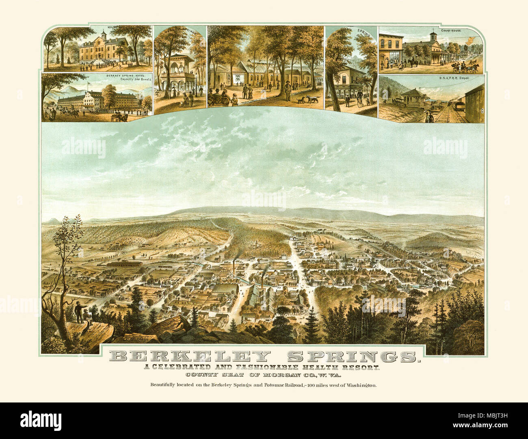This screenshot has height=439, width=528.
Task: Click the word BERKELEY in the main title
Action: pyautogui.click(x=189, y=356)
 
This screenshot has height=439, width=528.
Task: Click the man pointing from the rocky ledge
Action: pyautogui.click(x=79, y=313)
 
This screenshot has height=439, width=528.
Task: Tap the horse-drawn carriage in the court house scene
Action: pyautogui.click(x=467, y=67)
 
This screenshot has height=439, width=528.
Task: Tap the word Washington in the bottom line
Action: pyautogui.click(x=361, y=385)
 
